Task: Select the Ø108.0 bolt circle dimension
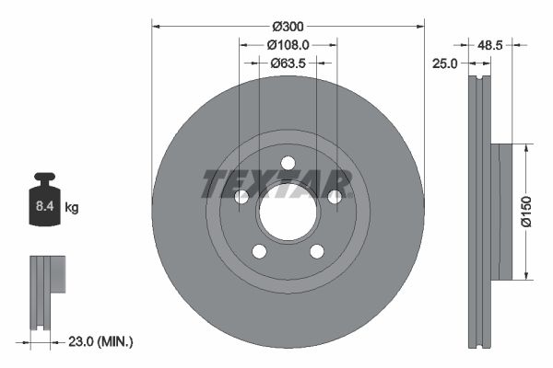(x=288, y=43)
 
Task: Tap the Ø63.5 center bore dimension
(x=288, y=63)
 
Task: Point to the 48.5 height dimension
(x=491, y=43)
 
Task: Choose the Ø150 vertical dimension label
(x=525, y=212)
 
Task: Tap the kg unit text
(x=72, y=208)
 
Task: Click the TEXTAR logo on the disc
(x=276, y=184)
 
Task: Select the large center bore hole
(x=288, y=212)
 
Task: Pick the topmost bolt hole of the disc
(x=288, y=163)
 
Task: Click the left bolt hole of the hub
(x=241, y=197)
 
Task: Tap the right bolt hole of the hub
(x=335, y=197)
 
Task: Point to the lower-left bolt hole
(x=259, y=251)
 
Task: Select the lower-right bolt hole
(x=317, y=251)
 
